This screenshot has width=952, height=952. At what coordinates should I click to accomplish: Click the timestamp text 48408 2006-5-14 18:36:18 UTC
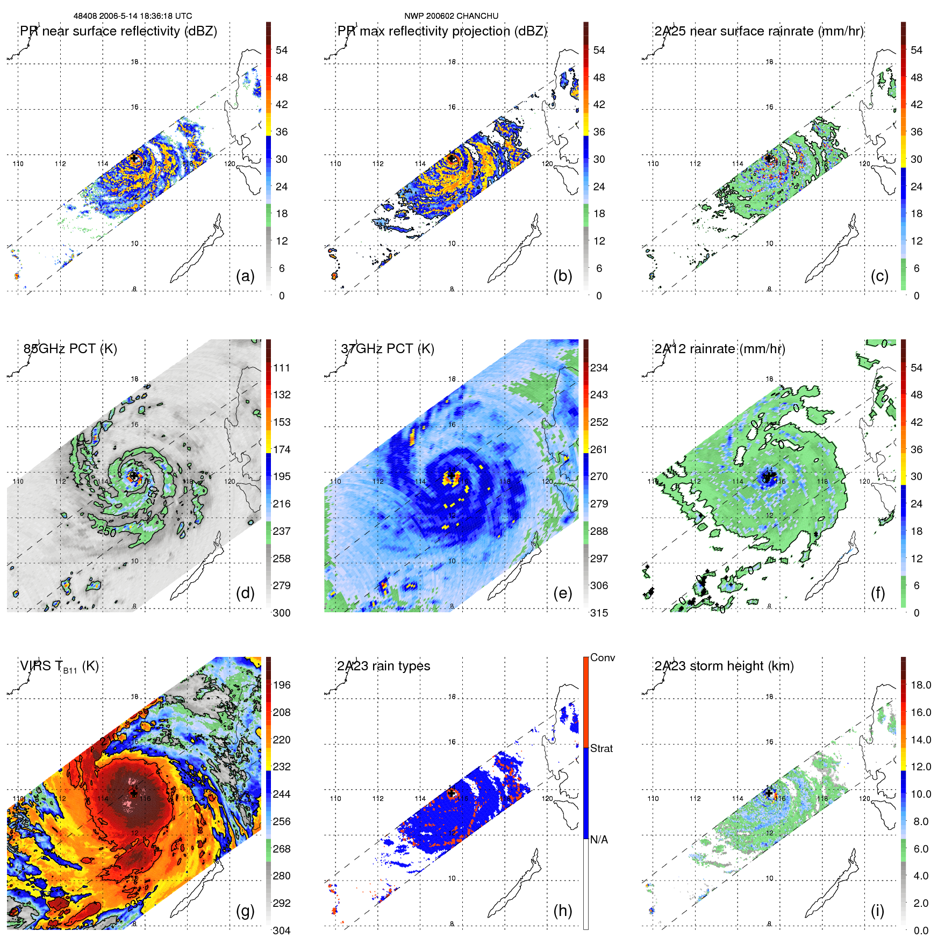coord(132,16)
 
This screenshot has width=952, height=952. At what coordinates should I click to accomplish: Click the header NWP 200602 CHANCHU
coord(451,16)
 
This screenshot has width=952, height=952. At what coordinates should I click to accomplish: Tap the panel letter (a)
coord(245,276)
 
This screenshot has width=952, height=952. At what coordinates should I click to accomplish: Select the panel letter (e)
coord(562,593)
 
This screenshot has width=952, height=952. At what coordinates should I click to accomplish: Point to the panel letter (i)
coord(877,911)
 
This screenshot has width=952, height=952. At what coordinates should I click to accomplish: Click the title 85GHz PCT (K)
coord(70,348)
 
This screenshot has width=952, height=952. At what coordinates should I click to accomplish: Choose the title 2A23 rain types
coord(383,666)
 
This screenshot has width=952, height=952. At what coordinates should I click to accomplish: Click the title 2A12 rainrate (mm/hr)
coord(719,348)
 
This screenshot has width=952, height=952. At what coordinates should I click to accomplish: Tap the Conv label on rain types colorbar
coord(602,657)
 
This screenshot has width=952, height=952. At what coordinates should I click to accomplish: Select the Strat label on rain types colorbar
coord(601,748)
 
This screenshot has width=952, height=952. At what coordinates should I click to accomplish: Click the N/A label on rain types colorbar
coord(599,840)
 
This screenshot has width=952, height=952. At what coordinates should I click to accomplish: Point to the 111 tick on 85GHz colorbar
coord(282,368)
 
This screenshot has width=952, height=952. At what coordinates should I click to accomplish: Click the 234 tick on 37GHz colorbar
coord(599,368)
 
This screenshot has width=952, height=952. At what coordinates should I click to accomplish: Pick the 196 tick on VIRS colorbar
coord(282,685)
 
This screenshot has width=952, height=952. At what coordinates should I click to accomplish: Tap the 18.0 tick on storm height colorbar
coord(920,685)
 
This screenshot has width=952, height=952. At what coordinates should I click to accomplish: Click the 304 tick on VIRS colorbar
coord(282,930)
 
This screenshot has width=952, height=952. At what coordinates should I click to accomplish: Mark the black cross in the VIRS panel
coord(134,793)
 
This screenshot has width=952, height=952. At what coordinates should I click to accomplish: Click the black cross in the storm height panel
coord(769,793)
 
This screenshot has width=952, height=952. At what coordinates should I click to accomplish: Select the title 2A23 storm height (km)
coord(724,666)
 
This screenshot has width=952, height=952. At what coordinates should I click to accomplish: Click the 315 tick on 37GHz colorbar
coord(599,613)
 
